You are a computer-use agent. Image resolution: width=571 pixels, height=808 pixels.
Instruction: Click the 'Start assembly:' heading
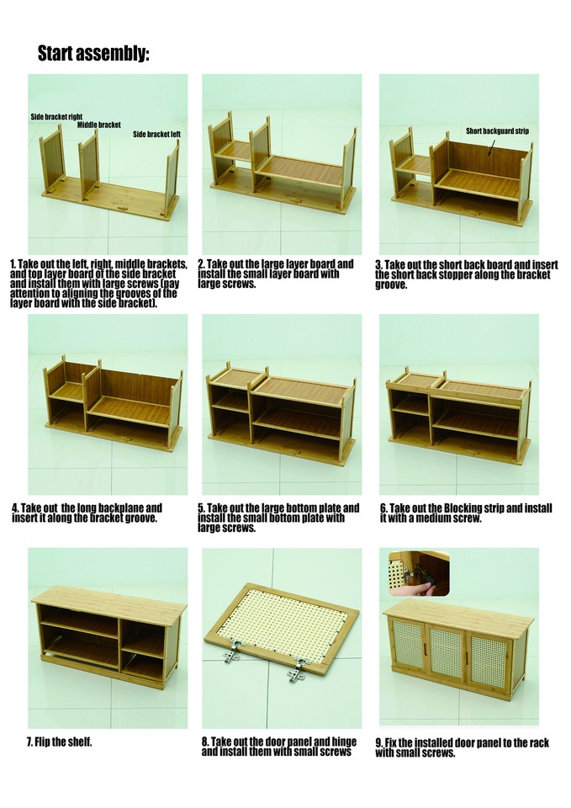(93, 55)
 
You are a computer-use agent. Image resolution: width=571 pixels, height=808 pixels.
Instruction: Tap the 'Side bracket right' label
(56, 117)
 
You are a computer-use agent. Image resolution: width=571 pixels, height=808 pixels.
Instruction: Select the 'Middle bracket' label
(98, 125)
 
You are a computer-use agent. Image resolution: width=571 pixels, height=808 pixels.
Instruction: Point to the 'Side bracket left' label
(156, 134)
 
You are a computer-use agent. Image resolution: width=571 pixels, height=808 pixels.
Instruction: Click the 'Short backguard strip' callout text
(497, 131)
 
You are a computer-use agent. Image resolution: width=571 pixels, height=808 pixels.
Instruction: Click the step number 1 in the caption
(13, 264)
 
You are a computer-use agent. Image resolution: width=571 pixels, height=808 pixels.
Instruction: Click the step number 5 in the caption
(202, 508)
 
